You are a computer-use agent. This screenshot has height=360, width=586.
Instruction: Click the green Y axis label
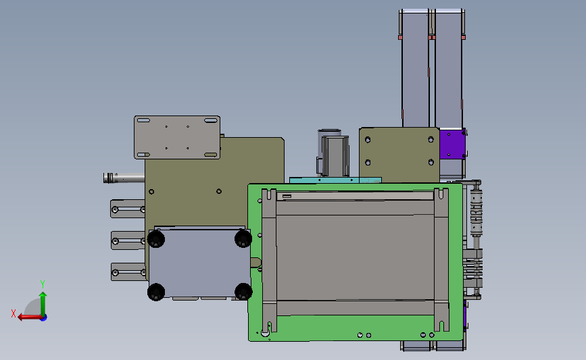43,284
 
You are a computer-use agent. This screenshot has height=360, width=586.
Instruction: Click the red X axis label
14,313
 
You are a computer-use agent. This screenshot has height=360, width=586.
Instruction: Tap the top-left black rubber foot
156,238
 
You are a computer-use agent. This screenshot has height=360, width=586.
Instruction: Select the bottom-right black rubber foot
243,291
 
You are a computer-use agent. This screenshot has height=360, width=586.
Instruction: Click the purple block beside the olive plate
452,144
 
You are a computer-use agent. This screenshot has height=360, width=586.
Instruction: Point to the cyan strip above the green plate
335,180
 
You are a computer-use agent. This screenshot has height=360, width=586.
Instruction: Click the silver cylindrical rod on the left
124,178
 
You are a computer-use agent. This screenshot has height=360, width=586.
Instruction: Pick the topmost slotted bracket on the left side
128,209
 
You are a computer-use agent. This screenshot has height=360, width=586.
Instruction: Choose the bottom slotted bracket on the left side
128,272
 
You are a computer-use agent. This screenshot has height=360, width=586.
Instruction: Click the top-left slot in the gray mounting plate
143,120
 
